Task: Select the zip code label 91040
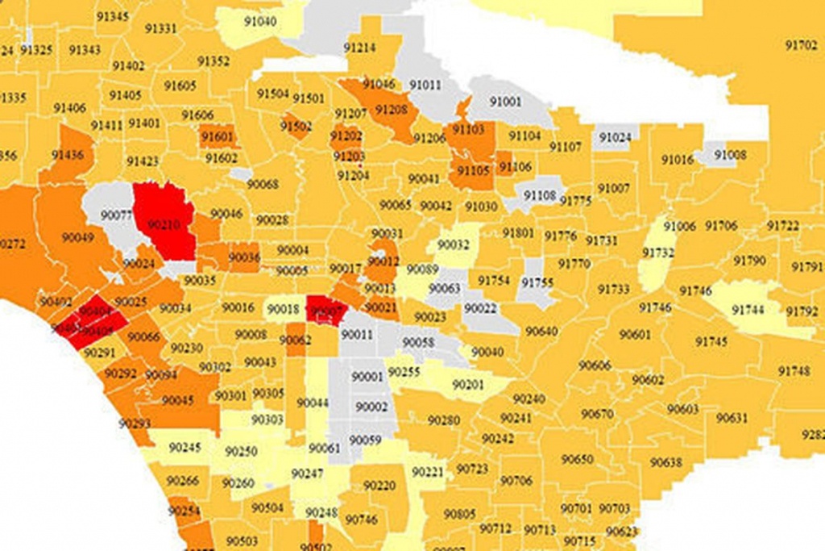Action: click(259, 21)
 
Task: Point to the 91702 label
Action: click(801, 45)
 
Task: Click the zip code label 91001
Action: click(506, 102)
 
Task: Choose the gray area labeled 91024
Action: click(616, 137)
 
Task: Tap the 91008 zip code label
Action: click(730, 154)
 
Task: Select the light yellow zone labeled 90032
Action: click(453, 244)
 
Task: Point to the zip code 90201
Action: click(468, 385)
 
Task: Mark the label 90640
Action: click(541, 332)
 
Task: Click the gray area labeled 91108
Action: click(539, 194)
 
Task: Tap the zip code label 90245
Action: click(185, 448)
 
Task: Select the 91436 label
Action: click(67, 155)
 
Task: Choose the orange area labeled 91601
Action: click(217, 137)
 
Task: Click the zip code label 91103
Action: click(468, 129)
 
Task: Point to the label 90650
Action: click(577, 459)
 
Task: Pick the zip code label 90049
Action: click(78, 237)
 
